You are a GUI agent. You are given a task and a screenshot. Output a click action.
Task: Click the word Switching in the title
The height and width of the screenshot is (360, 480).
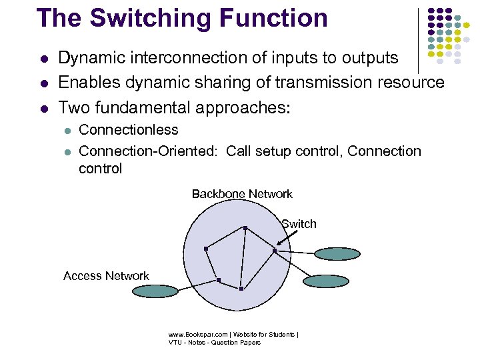[x=150, y=19]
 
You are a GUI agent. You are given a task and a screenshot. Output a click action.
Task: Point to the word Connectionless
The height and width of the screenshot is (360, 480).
[x=129, y=129]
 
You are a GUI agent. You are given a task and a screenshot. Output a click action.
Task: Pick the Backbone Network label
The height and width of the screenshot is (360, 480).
[x=242, y=194]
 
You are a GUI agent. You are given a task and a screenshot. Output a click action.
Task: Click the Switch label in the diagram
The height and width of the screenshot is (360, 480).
[x=299, y=224]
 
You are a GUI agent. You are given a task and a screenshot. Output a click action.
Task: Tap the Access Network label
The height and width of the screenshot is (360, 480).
[x=106, y=276]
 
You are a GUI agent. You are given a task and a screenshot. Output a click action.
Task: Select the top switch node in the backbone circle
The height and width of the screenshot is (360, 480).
[x=245, y=228]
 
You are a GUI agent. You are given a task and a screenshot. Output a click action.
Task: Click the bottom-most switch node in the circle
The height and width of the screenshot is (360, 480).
[x=241, y=289]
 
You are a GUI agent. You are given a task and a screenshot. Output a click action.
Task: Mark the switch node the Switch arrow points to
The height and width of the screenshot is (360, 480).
[x=275, y=251]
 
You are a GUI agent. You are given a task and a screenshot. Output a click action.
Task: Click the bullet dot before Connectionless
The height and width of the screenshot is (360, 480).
[x=67, y=130]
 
